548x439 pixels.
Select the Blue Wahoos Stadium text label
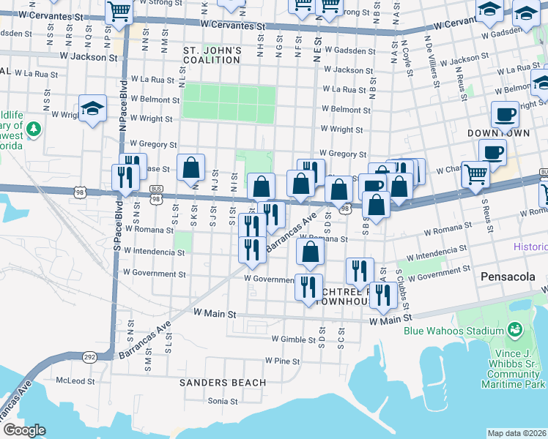point(454,331)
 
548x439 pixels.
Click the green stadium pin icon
point(516,330)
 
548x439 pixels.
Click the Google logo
point(24,430)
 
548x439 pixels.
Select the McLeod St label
point(76,381)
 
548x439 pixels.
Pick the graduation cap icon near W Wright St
point(92,109)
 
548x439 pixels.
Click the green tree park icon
point(33,130)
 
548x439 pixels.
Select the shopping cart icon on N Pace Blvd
point(118,11)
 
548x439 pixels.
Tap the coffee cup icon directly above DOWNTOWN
point(504,114)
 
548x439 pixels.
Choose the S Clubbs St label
point(401,288)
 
